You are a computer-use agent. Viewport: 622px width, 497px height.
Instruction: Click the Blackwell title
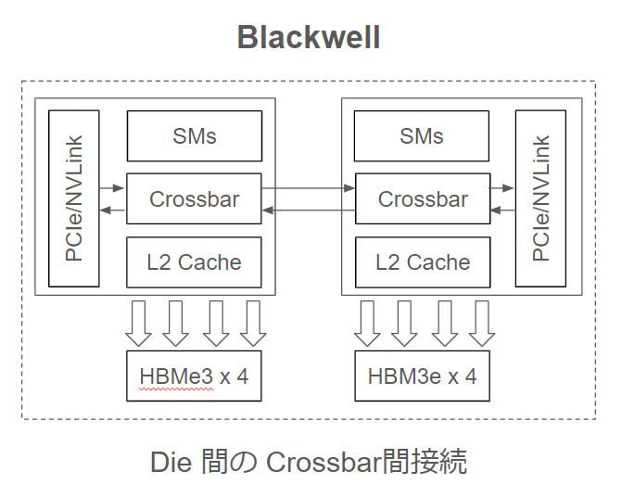coord(309,37)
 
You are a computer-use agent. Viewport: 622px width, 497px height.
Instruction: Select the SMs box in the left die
coord(194,136)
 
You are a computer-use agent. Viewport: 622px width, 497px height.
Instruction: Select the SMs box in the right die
coord(422,136)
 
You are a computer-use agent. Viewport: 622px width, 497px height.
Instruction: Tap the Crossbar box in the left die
coord(194,199)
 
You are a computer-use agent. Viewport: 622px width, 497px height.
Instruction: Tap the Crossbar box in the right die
coord(423,199)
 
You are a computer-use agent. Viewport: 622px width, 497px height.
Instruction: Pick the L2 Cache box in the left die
coord(194,262)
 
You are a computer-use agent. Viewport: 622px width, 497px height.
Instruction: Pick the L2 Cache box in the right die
coord(423,262)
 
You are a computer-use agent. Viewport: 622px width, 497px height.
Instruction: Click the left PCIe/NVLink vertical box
coord(73,198)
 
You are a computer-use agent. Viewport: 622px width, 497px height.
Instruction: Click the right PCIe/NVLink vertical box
coord(540,198)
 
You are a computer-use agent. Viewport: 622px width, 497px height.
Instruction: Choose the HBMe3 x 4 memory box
coord(194,376)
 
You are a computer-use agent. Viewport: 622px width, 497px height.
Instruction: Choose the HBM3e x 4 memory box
coord(422,376)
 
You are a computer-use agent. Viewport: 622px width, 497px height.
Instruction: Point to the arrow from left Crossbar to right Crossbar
coord(308,188)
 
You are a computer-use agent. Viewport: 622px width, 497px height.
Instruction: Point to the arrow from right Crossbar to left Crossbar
coord(308,210)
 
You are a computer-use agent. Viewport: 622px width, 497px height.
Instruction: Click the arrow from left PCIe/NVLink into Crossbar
coord(112,188)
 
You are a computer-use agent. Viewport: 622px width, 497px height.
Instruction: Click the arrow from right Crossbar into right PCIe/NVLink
coord(502,188)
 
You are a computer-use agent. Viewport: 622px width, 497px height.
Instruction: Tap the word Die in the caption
coord(170,461)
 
